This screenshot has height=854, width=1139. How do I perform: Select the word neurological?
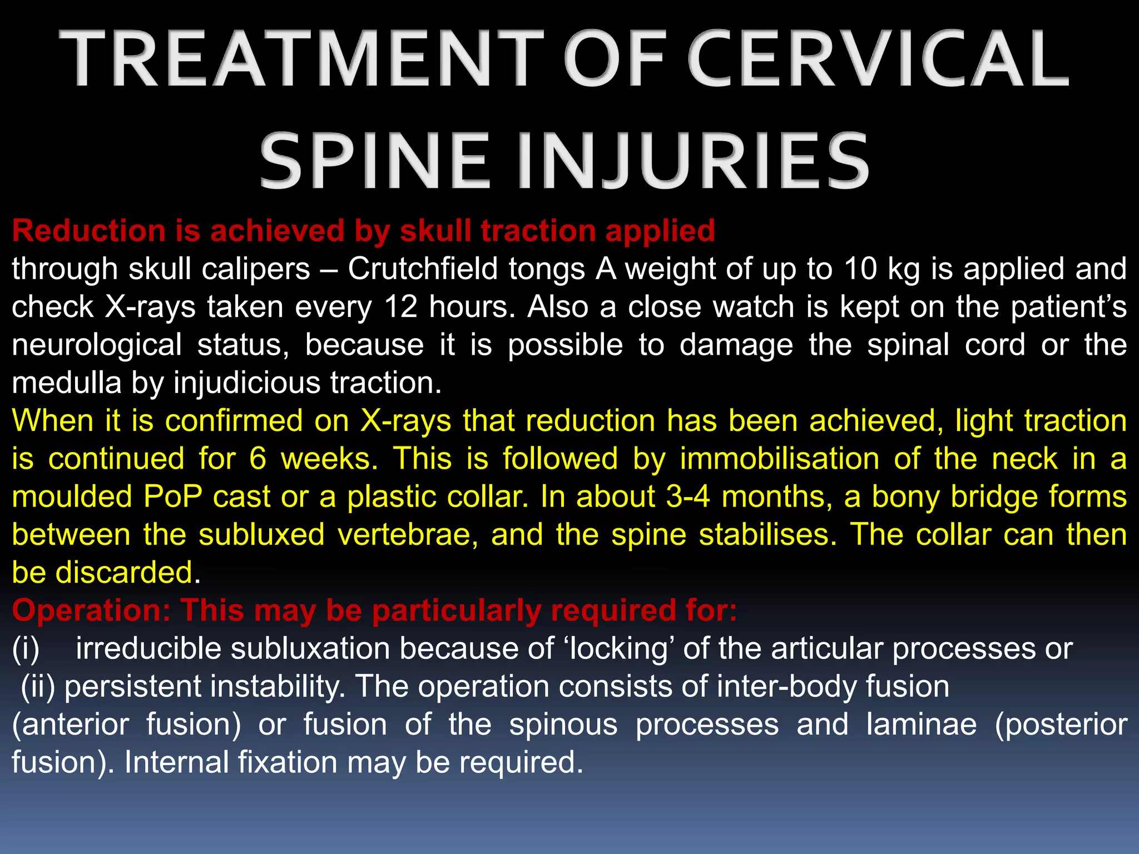(97, 345)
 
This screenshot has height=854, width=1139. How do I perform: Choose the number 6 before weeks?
(257, 459)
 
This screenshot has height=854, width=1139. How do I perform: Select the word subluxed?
(261, 535)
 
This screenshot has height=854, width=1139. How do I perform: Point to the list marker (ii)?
(38, 687)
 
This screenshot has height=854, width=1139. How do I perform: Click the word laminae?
(921, 724)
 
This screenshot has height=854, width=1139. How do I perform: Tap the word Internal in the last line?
(175, 762)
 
